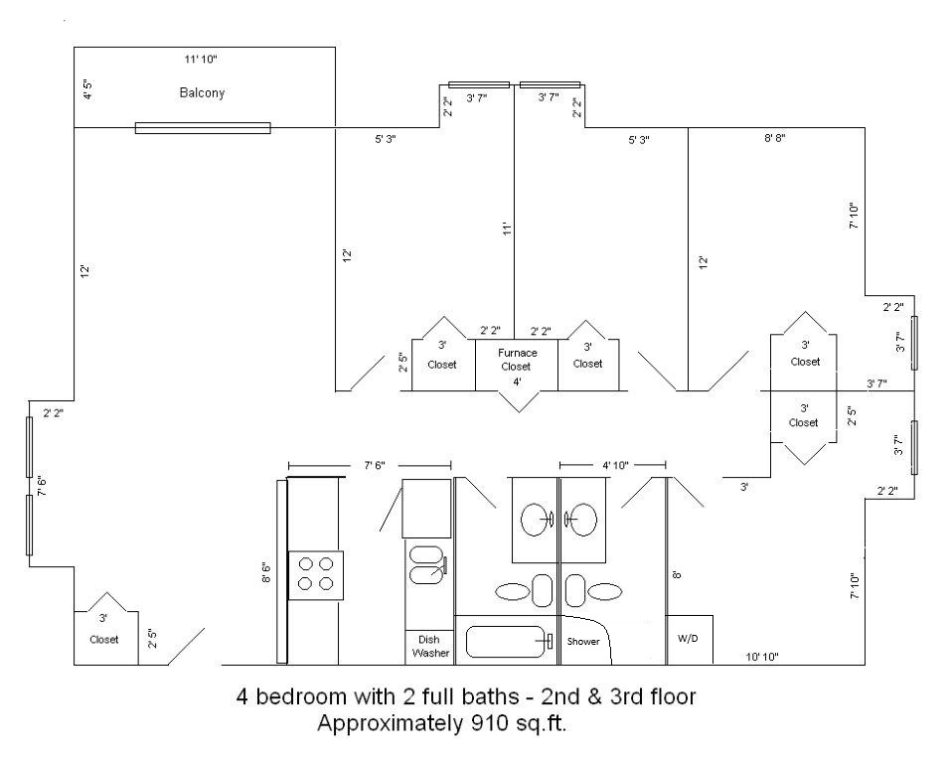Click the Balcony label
point(202,92)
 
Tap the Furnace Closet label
point(517,360)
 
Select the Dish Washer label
point(430,646)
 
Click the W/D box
point(690,640)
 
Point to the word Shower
point(583,641)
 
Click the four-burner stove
point(316,575)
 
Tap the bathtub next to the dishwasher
point(507,642)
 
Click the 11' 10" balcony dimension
point(201,59)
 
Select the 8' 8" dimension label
point(774,137)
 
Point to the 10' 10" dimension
point(761,657)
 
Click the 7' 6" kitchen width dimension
point(374,465)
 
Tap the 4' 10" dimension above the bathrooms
point(615,465)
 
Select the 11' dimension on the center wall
point(508,229)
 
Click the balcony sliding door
point(203,128)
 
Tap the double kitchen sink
point(427,565)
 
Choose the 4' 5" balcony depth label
point(88,89)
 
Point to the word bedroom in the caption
point(299,696)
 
